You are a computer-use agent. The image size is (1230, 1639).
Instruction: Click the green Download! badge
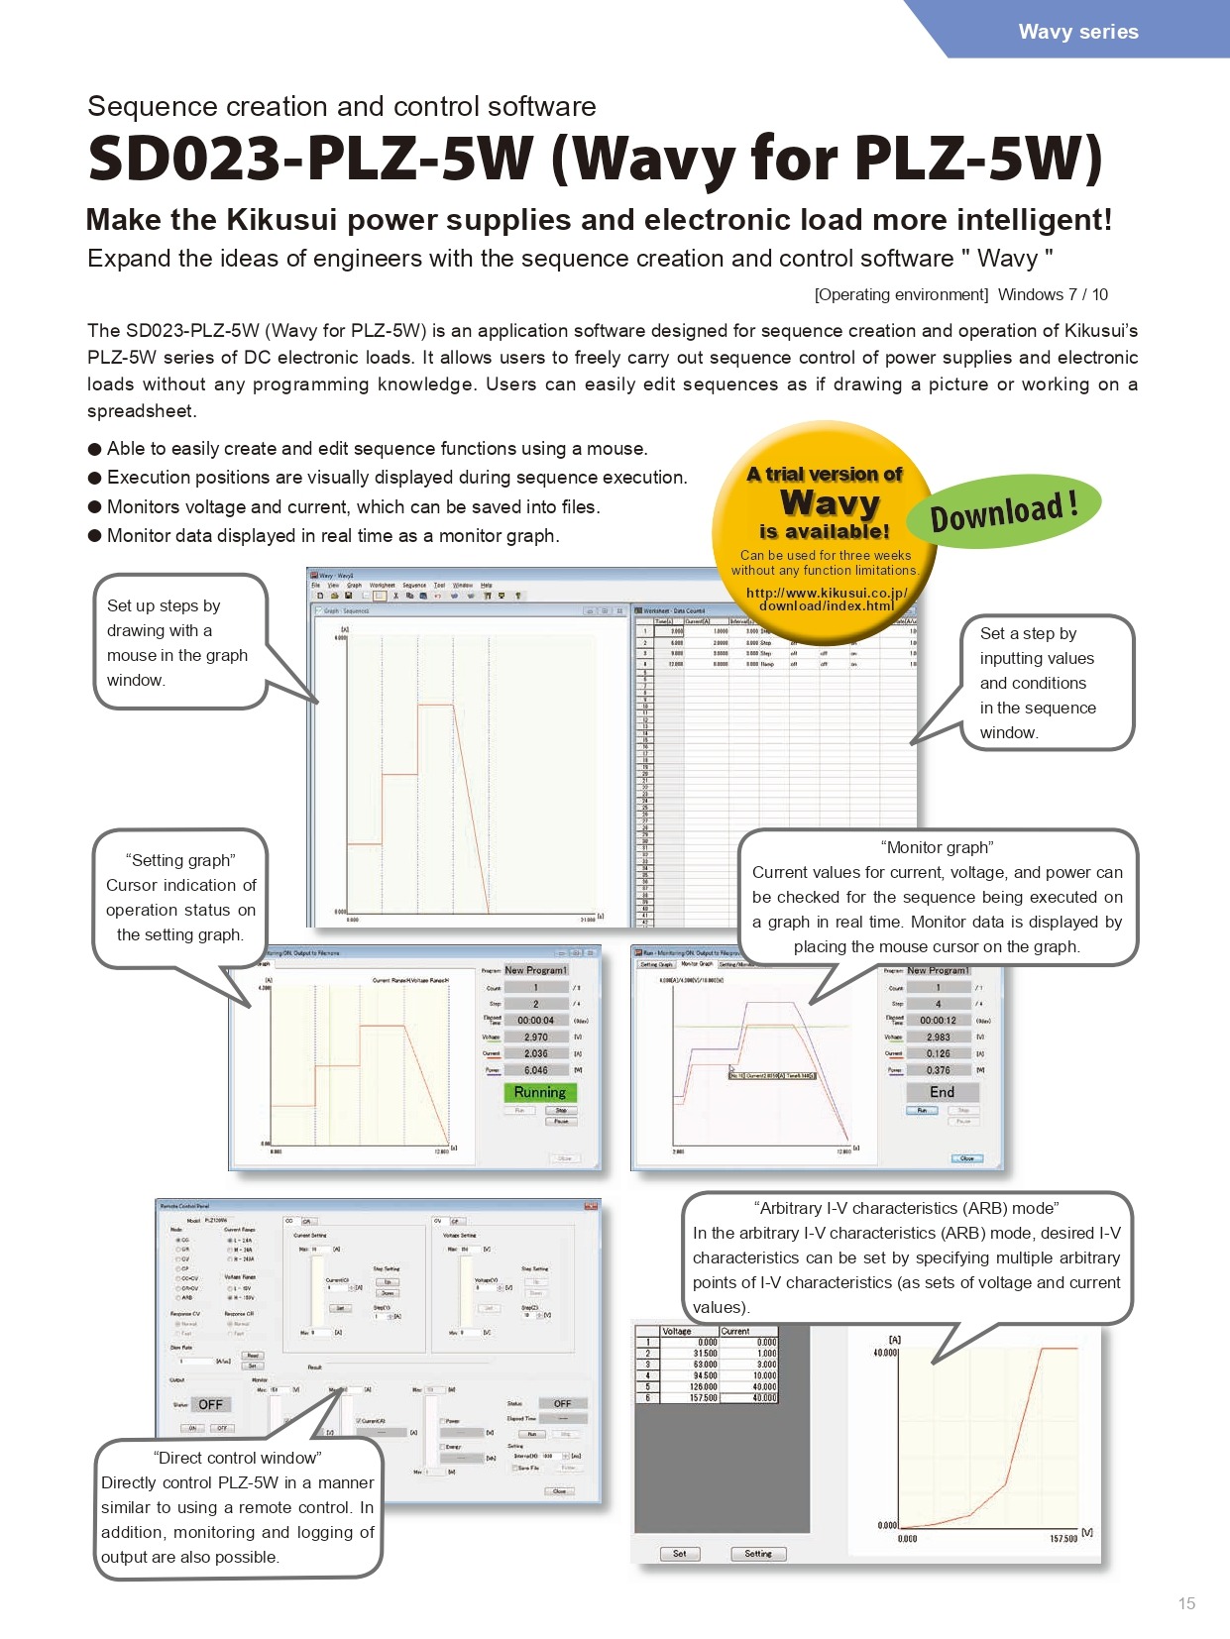[x=1003, y=510]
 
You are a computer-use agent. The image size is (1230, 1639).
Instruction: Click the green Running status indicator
[x=539, y=1092]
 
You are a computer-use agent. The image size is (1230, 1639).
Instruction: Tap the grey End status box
[x=942, y=1092]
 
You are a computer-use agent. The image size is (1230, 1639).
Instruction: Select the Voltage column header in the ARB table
[x=677, y=1331]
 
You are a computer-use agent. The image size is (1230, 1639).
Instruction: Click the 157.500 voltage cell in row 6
[x=705, y=1398]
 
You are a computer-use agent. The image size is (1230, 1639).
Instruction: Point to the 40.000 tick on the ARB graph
[x=885, y=1353]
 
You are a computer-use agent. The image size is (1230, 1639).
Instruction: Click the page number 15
[x=1186, y=1603]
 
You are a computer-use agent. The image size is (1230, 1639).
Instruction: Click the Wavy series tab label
[x=1078, y=32]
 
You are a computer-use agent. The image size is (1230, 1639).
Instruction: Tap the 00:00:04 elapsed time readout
[x=535, y=1020]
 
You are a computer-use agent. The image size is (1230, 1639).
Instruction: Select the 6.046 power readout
[x=535, y=1070]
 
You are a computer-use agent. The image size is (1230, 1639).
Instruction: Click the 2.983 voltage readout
[x=938, y=1038]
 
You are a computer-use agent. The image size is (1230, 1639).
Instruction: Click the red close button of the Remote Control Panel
[x=591, y=1206]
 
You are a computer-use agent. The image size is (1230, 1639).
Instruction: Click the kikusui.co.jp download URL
[x=827, y=600]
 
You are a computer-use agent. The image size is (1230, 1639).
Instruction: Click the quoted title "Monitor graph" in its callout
[x=937, y=847]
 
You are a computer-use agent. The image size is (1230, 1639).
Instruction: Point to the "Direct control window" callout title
[x=238, y=1458]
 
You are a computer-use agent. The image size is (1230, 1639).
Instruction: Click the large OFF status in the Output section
[x=210, y=1404]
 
